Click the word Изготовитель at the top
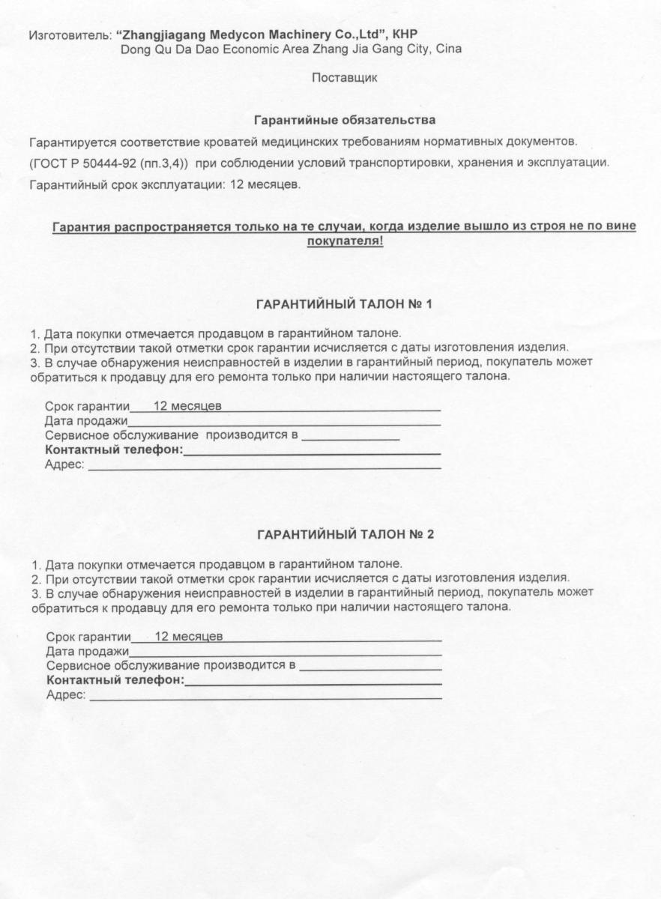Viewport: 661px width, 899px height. [70, 35]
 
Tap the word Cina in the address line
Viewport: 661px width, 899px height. [447, 49]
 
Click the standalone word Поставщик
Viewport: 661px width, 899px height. [344, 77]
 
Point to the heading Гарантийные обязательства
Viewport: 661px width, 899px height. [345, 120]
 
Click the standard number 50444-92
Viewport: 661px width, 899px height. [109, 163]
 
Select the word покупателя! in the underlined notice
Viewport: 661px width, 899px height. [345, 241]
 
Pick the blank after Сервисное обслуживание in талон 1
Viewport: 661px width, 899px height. [351, 438]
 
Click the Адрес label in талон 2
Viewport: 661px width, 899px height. [66, 695]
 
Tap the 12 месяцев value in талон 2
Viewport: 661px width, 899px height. [188, 637]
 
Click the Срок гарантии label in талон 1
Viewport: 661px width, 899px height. [87, 407]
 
